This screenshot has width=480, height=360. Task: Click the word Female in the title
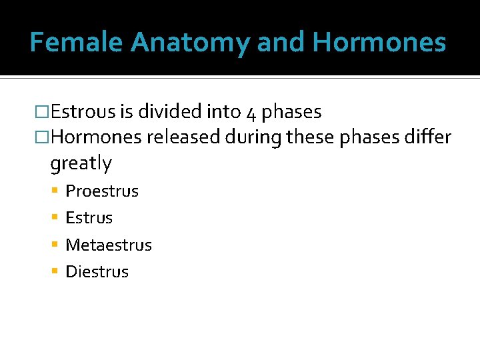77,43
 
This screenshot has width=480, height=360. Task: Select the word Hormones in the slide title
379,43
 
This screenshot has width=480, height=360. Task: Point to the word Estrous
83,112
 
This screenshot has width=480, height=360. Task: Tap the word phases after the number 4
292,113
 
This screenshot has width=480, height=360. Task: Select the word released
183,137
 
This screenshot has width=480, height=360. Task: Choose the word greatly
81,163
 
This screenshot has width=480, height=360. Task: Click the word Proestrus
102,191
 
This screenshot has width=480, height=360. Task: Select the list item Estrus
89,218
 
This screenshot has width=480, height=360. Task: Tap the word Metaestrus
109,245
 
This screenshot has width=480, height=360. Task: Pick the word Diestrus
97,272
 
